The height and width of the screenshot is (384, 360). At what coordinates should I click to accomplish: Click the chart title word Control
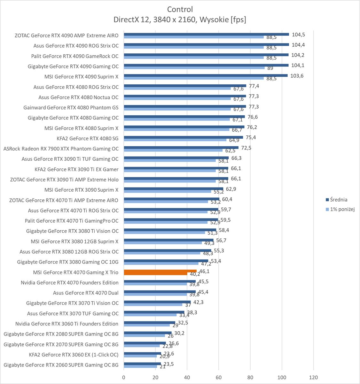click(x=180, y=9)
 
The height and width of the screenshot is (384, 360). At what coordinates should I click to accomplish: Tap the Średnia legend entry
click(x=338, y=200)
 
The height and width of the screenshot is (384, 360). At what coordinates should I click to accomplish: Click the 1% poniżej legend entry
click(x=342, y=209)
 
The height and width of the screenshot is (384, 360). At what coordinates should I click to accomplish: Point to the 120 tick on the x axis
click(x=313, y=377)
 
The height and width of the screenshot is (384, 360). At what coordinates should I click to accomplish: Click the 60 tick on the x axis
click(x=219, y=377)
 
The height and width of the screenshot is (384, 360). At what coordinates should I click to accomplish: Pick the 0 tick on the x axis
click(x=124, y=377)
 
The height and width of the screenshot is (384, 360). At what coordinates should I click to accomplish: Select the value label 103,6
click(x=297, y=76)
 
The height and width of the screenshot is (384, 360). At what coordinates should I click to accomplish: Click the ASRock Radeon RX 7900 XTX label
click(x=61, y=149)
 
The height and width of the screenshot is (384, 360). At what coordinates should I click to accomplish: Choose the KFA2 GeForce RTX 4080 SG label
click(x=87, y=138)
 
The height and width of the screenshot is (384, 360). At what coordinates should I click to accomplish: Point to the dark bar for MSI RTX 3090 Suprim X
click(x=173, y=189)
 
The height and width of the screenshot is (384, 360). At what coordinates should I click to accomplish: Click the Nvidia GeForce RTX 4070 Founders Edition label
click(x=69, y=283)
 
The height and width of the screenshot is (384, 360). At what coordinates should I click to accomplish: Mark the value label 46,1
click(x=204, y=271)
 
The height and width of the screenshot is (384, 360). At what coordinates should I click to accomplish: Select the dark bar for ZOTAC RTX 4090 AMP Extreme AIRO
click(x=206, y=34)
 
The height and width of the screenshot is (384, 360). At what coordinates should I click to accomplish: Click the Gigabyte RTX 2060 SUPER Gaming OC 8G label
click(x=61, y=365)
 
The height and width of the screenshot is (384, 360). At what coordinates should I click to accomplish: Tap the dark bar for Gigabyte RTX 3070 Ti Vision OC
click(x=157, y=302)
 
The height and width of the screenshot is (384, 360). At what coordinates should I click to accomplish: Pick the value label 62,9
click(x=231, y=189)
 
